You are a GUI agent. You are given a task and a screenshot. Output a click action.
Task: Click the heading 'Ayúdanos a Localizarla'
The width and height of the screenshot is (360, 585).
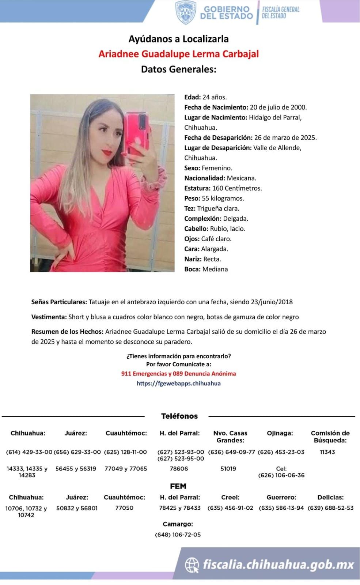pos(178,39)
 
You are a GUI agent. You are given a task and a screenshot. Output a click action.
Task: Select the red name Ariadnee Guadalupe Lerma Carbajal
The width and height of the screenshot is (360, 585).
pos(178,54)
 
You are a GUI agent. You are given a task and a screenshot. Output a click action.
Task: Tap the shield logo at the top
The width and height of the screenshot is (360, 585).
pos(186,12)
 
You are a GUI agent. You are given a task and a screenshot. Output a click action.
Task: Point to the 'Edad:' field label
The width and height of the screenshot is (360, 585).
pos(193,97)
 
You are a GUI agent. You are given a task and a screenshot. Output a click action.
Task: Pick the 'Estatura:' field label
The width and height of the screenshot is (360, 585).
pos(197,188)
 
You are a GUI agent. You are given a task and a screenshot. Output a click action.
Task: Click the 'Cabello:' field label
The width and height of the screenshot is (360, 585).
pos(196,229)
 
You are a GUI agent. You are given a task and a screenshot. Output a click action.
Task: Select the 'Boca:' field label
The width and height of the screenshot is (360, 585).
pos(192,269)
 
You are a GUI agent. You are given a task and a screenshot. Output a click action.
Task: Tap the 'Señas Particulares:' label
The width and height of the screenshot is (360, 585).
pos(59,302)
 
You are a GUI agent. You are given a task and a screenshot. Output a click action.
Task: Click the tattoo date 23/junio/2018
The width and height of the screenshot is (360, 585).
pos(272,302)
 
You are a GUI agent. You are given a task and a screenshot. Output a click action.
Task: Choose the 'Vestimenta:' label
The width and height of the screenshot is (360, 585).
pos(49,317)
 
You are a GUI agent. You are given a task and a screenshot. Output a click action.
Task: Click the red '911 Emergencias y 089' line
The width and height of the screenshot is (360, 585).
pos(178,374)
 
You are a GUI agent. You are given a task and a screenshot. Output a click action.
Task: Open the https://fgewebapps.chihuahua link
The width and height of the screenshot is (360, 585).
pos(178,384)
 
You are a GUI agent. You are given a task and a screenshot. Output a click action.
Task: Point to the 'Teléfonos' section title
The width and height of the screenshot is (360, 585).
pos(179,416)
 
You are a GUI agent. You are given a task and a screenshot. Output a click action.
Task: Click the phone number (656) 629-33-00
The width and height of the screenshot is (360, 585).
pos(77,452)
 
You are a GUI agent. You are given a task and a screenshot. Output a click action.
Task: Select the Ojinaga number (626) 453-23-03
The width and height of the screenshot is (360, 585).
pos(281,452)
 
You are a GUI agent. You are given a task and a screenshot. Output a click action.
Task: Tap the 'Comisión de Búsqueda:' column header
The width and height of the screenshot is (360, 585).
pos(330,437)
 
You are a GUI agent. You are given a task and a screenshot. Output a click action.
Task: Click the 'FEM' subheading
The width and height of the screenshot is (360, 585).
pos(178,486)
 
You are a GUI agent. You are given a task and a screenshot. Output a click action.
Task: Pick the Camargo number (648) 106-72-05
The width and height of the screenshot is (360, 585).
pos(178,535)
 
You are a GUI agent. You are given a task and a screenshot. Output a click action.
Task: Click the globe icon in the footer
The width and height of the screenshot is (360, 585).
pos(192,565)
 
